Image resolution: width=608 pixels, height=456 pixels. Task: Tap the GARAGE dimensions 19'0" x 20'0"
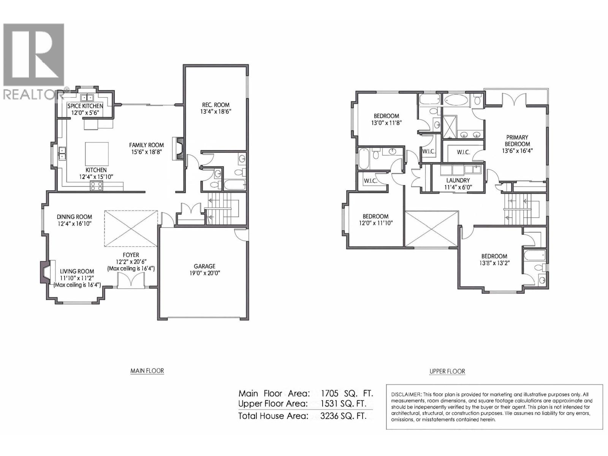point(204,273)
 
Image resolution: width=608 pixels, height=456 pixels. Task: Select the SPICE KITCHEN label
point(85,106)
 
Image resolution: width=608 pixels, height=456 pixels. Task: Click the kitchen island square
point(97,154)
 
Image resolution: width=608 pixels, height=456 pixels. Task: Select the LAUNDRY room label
point(458,180)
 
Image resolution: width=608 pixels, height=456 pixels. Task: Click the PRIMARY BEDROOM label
point(517,141)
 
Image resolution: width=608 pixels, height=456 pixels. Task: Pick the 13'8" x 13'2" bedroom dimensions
point(494,263)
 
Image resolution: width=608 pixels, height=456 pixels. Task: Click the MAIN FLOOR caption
point(147,371)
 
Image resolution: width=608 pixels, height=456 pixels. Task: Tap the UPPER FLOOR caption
point(447,371)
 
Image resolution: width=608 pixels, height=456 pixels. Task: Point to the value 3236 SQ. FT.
point(343,416)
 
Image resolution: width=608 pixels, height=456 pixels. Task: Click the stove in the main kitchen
point(96,186)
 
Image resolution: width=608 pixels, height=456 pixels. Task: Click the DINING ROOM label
point(74,217)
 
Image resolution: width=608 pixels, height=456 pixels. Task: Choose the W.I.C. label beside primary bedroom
point(463,152)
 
